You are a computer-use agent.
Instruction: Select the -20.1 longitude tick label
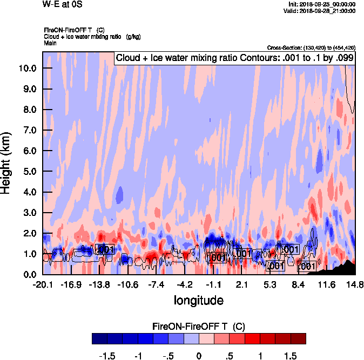tap(43, 284)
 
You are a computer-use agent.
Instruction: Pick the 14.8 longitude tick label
tap(355, 284)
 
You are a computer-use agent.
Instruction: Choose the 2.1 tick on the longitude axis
tap(241, 284)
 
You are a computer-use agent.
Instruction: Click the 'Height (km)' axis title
tap(6, 162)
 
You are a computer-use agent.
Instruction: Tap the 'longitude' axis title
tap(198, 300)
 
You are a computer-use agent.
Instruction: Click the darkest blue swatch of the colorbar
tap(99, 338)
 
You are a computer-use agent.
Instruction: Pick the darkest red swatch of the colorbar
tap(298, 338)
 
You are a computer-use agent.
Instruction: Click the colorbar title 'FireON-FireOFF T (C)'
tap(199, 326)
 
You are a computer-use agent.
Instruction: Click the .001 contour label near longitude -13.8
tap(104, 249)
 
